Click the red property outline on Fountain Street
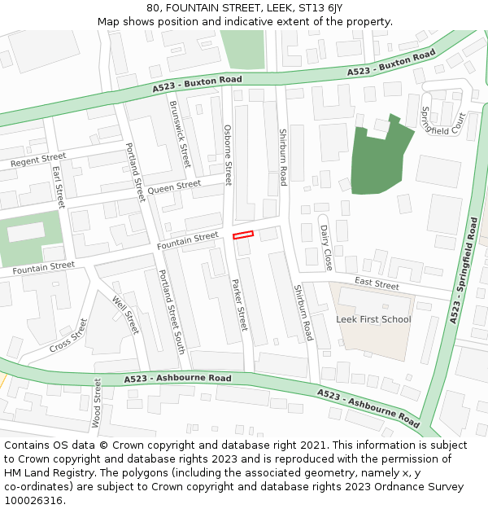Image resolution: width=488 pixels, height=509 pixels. [x=243, y=235]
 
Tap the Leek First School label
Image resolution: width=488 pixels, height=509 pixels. [x=373, y=319]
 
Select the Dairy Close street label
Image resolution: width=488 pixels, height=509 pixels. [x=326, y=248]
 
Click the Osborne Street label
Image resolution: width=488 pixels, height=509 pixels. [x=228, y=155]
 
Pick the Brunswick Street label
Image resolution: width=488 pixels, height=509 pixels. [x=179, y=134]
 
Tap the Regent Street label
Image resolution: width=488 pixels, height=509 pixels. [x=38, y=160]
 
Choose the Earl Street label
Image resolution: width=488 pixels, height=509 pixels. [x=58, y=187]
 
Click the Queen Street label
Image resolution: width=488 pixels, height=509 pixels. [x=174, y=186]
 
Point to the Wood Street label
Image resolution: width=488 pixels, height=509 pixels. [x=97, y=403]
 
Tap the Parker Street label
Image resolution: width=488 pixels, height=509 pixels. [x=239, y=305]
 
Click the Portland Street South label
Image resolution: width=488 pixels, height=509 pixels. [x=172, y=311]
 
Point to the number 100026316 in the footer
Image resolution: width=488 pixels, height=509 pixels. [x=33, y=500]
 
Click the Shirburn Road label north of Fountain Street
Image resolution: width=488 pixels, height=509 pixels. [x=283, y=156]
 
